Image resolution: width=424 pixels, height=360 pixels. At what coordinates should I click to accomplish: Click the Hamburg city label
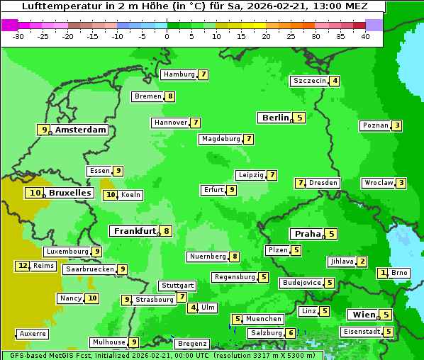coord(179,74)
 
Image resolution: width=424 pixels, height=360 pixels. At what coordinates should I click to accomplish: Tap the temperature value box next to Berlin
coord(299,118)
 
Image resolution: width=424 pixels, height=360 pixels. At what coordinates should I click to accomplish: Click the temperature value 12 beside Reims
coord(23,266)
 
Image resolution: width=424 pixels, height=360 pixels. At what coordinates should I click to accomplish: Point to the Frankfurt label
coord(135,231)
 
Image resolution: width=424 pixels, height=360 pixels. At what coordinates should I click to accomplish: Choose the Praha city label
coord(308,234)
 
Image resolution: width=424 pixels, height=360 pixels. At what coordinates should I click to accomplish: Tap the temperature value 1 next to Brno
coord(383,273)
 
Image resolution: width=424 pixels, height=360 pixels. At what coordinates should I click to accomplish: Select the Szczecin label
coord(309,81)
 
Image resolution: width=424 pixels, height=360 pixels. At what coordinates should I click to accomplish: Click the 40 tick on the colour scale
coord(365,35)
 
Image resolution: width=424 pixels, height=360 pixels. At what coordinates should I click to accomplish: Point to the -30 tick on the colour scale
coord(18,35)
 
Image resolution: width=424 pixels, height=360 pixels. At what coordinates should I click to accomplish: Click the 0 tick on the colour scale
coord(167,35)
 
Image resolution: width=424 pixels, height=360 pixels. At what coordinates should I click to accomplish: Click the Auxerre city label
coord(33,333)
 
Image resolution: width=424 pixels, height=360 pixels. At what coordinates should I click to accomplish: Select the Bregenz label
coord(191,344)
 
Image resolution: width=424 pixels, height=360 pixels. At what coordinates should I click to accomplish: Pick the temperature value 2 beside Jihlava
coord(362,261)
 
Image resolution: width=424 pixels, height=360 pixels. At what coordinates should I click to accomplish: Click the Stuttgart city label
coord(177,286)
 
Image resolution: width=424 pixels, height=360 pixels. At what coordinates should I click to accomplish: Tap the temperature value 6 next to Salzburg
coord(291,333)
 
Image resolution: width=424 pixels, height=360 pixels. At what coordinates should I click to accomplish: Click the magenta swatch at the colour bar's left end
coord(9,25)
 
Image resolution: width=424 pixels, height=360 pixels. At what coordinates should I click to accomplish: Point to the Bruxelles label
coord(69,193)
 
